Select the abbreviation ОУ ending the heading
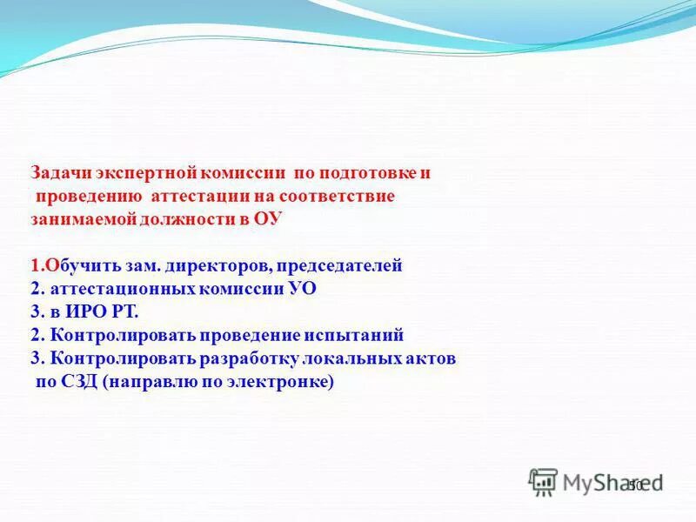tap(268, 219)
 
